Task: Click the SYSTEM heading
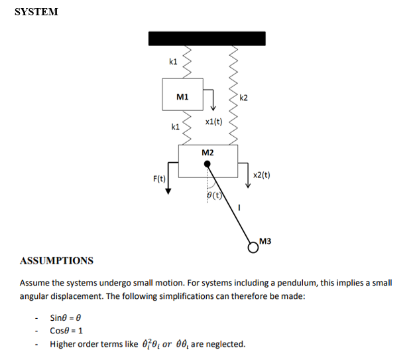[x=36, y=12]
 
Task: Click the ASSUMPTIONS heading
[x=56, y=260]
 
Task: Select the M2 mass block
[x=207, y=160]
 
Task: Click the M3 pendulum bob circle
[x=253, y=247]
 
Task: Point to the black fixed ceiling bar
[x=207, y=38]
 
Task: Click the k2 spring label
[x=243, y=98]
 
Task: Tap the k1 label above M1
[x=174, y=62]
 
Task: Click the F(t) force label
[x=159, y=179]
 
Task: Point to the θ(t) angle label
[x=213, y=195]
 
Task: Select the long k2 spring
[x=233, y=93]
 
